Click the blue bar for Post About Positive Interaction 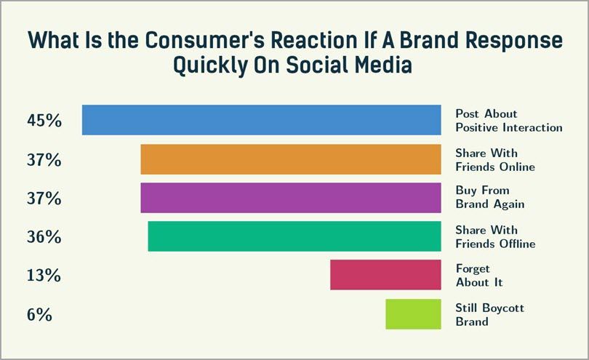coord(261,120)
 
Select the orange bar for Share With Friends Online coord(291,159)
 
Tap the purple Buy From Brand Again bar coord(291,198)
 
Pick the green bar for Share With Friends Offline coord(294,237)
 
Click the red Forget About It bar coord(385,276)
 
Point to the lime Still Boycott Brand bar coord(413,314)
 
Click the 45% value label coord(44,121)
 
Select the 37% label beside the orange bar coord(44,160)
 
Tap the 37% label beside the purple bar coord(44,199)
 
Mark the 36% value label coord(44,238)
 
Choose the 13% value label coord(44,276)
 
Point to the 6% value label coord(39,316)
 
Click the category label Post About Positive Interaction coord(508,121)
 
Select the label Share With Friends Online coord(494,160)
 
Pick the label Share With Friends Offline coord(494,237)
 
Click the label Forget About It coord(479,276)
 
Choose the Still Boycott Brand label coord(489,314)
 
